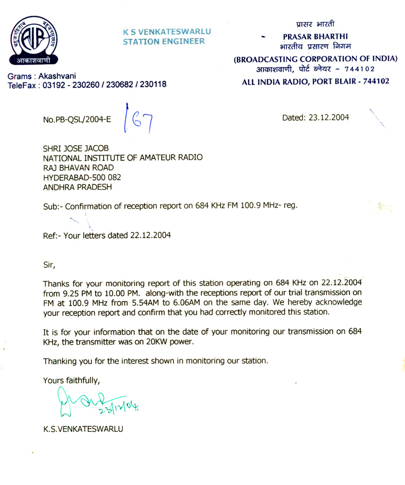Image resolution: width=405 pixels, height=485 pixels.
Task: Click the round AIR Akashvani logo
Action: point(35,41)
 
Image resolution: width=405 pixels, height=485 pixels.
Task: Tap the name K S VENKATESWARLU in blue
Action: point(167,31)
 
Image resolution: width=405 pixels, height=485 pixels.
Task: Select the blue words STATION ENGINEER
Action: point(164,41)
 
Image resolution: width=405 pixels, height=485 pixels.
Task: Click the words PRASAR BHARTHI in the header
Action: point(315,37)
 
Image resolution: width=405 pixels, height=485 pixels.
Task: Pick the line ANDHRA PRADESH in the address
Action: point(78,187)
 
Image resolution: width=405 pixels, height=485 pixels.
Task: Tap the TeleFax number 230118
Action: point(153,85)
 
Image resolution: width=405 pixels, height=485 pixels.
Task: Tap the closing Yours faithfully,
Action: point(72,380)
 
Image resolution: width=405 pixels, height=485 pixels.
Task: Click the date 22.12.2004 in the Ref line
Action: point(150,235)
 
